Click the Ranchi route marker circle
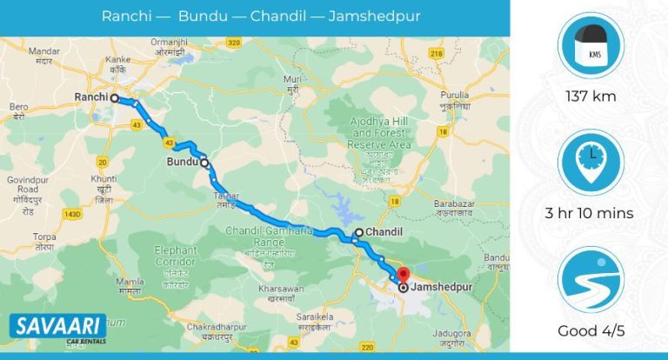tap(113, 98)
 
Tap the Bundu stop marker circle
tap(204, 163)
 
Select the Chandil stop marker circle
tap(358, 233)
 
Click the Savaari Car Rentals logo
tap(57, 330)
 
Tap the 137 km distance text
tap(591, 96)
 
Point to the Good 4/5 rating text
tap(591, 331)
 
